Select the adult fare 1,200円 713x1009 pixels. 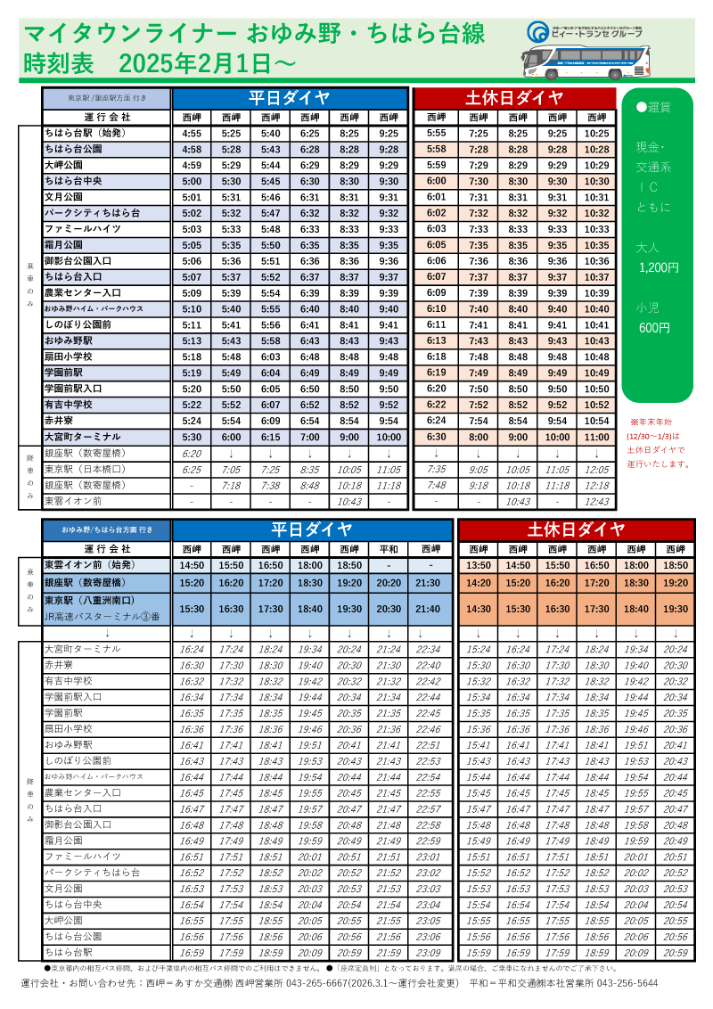659,267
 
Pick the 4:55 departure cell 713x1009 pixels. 192,134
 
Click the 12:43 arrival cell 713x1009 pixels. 596,502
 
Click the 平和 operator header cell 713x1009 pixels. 389,549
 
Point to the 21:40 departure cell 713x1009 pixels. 429,609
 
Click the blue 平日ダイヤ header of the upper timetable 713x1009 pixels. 290,97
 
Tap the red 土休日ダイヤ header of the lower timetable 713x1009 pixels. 576,529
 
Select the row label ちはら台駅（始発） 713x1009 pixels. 86,134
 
